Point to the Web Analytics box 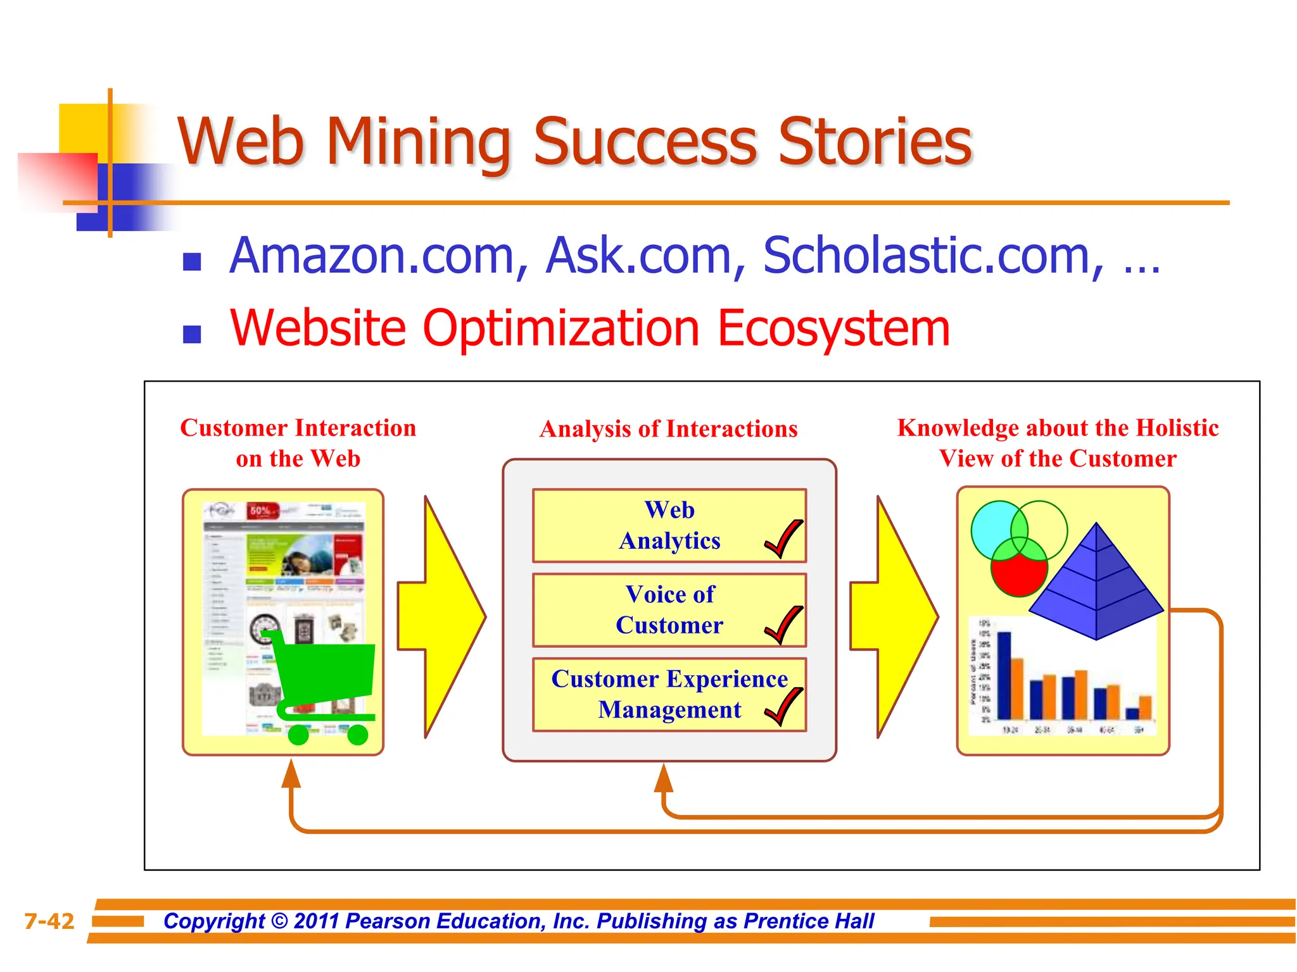click(669, 525)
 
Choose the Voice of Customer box click(669, 610)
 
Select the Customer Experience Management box click(669, 694)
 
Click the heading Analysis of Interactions click(669, 429)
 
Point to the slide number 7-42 click(49, 921)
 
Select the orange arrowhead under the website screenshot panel click(291, 775)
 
